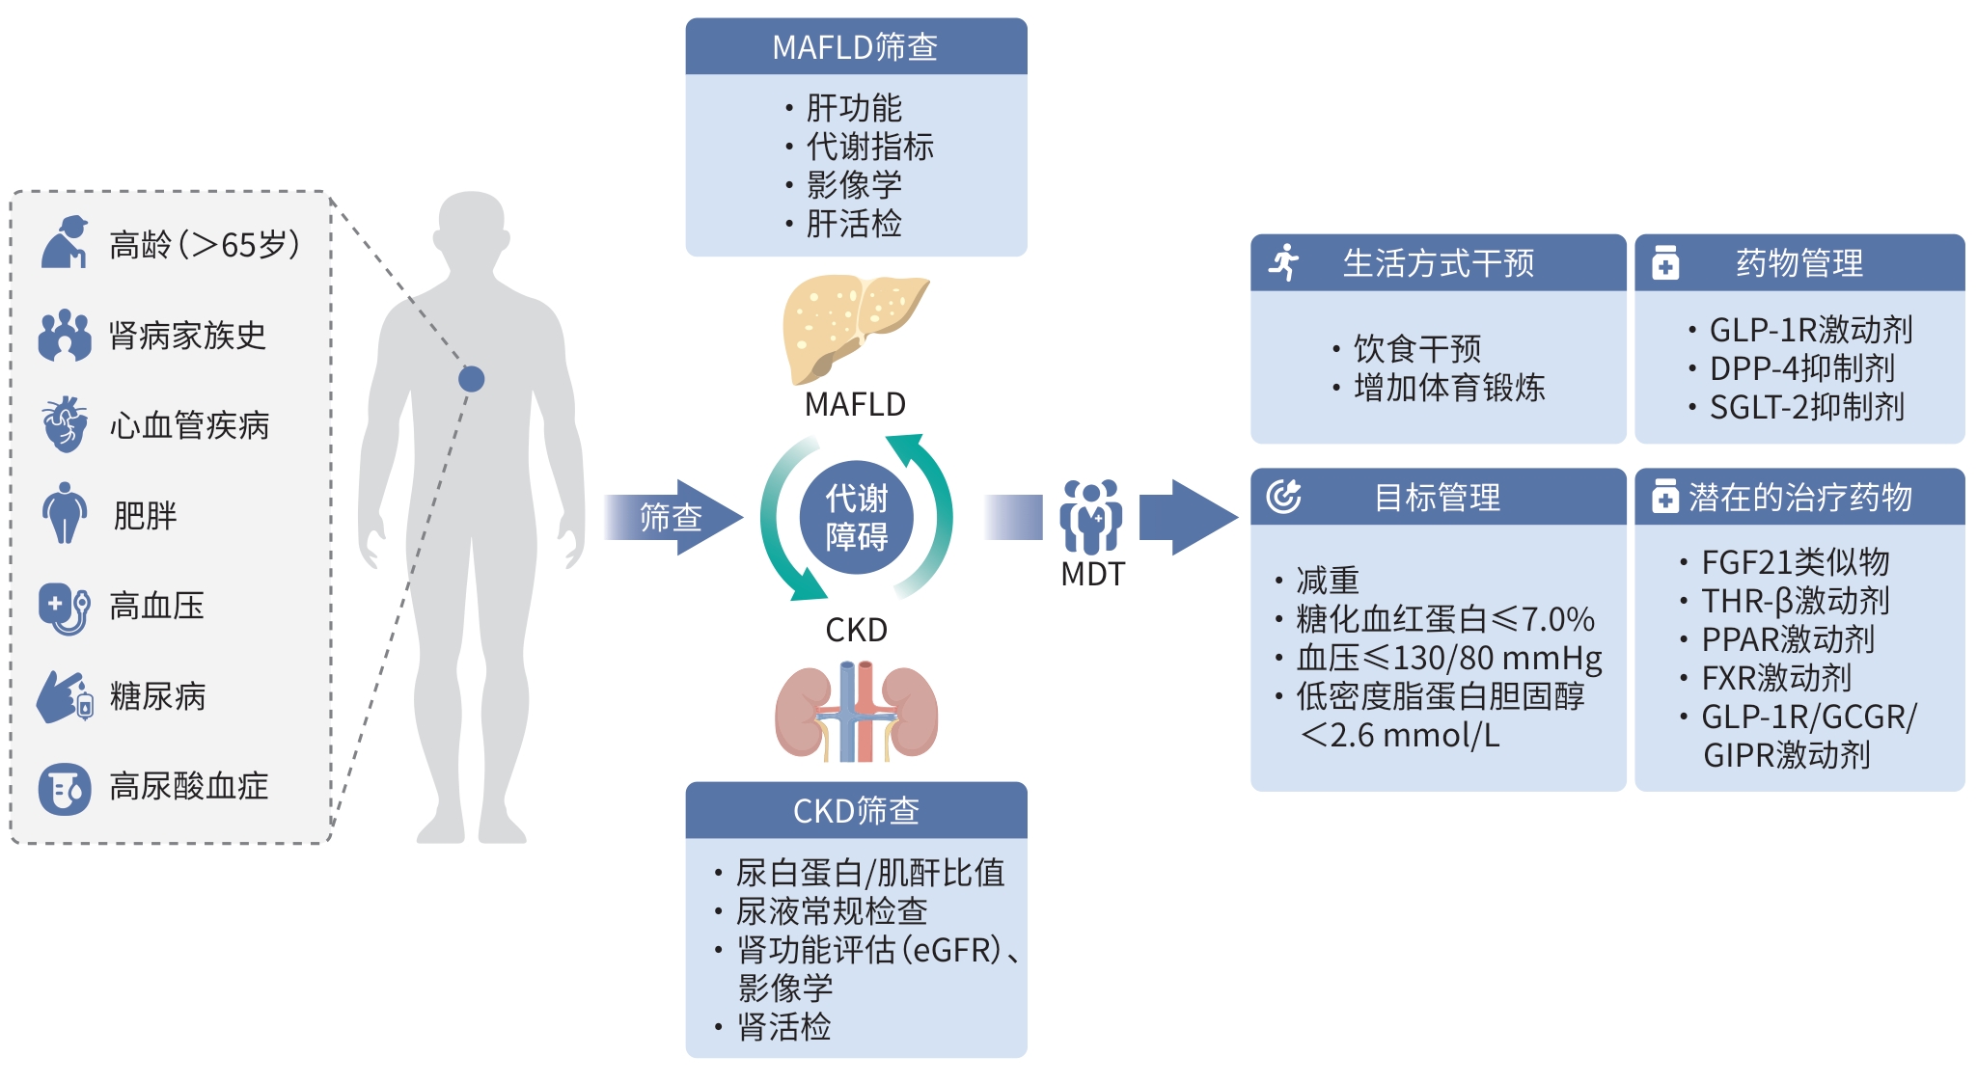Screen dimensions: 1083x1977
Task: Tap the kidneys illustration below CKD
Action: [x=856, y=712]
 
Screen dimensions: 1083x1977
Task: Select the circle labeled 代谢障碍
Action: [x=856, y=517]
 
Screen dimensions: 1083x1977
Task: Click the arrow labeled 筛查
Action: [x=673, y=517]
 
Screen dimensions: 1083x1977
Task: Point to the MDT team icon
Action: [x=1091, y=516]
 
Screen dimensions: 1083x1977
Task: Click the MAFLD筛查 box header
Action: [x=856, y=46]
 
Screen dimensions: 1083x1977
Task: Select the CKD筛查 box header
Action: [x=856, y=810]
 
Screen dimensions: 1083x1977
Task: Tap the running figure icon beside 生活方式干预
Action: [x=1284, y=262]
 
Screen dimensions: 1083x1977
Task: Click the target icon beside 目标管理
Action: [x=1284, y=497]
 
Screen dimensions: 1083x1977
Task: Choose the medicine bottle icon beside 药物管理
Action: [x=1665, y=262]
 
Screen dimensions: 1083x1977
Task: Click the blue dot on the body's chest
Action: [x=471, y=379]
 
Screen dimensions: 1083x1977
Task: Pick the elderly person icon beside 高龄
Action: [x=65, y=242]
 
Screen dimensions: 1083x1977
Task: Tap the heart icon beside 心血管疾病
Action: [x=65, y=424]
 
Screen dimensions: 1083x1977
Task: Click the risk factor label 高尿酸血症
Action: [x=188, y=786]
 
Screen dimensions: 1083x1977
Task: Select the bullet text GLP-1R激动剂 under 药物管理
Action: [x=1810, y=330]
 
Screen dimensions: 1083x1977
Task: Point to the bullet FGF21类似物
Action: [x=1795, y=561]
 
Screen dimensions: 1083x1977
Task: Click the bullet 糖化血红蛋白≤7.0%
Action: [x=1444, y=619]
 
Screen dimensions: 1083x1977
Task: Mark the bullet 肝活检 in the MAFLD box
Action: [x=853, y=224]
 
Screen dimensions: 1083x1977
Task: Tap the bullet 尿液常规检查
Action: [x=831, y=910]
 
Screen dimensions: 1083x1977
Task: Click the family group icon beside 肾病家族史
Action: [x=65, y=335]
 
